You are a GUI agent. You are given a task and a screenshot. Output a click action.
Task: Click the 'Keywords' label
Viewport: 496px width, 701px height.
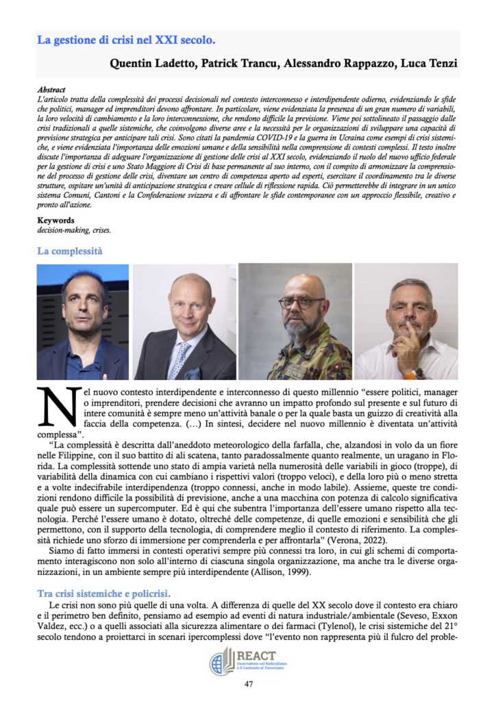click(x=57, y=221)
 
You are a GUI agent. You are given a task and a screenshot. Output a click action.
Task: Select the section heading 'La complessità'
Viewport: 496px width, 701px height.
click(x=69, y=251)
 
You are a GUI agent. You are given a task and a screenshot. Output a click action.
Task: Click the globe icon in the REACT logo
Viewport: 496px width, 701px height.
click(x=221, y=661)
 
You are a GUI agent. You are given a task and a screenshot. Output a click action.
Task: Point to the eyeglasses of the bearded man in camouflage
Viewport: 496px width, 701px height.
click(x=301, y=303)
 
